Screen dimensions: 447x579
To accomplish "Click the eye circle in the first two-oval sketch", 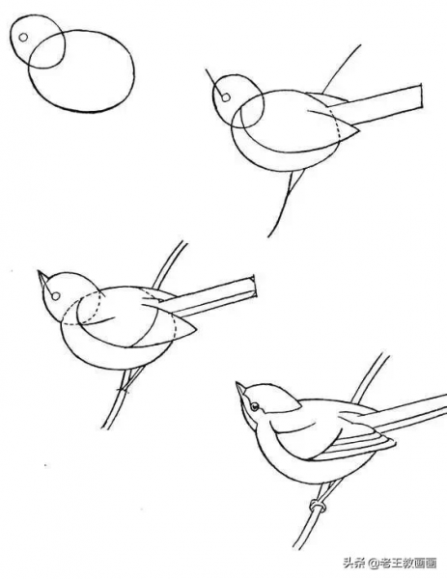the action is click(23, 38).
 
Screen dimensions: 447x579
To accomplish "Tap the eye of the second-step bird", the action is click(226, 97).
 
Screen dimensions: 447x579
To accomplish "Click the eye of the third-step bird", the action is click(56, 296).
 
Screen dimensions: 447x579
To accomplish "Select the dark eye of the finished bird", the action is click(255, 407).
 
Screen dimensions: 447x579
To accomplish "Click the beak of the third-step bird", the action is click(42, 279).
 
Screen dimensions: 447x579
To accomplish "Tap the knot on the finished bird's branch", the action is click(318, 506).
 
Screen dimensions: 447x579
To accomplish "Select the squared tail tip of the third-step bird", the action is click(254, 287).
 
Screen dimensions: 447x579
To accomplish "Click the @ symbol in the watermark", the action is click(373, 564).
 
